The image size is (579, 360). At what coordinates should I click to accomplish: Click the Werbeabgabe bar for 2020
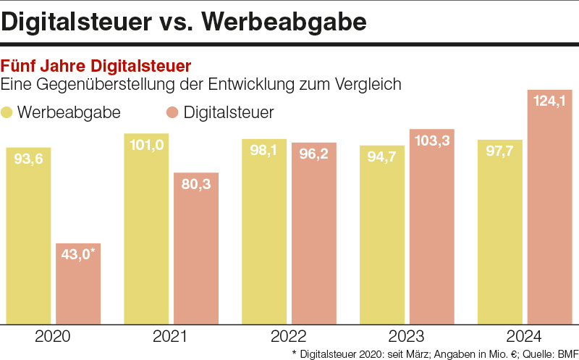pos(28,235)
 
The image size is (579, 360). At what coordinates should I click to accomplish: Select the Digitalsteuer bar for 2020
pos(78,283)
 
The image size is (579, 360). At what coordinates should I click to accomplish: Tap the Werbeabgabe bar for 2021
pos(146,228)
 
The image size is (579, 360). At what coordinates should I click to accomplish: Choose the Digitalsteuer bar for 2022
pos(314,233)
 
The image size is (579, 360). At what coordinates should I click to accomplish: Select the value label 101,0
pos(146,145)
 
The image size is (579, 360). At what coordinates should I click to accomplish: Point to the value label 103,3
pos(432,141)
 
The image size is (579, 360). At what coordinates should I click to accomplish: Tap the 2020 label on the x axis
pos(53,336)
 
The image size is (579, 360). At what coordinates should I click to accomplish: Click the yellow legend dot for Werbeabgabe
pos(8,113)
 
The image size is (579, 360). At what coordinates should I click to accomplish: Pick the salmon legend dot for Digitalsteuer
pos(172,113)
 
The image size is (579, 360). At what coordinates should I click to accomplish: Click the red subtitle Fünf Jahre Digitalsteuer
pos(97,68)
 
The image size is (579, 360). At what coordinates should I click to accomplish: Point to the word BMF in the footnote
pos(564,353)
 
